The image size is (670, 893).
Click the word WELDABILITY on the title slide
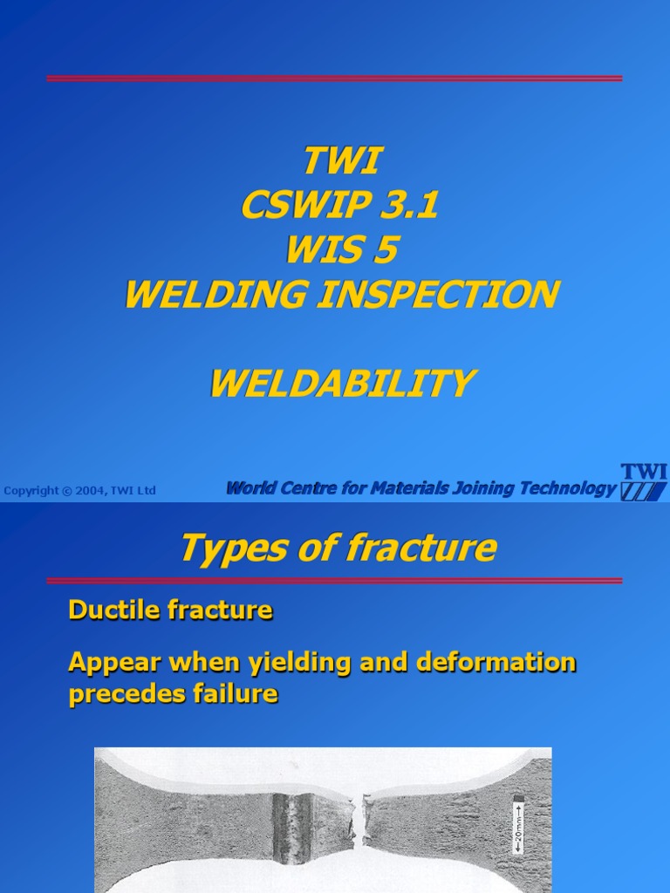tap(342, 383)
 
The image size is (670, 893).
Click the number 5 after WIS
tap(385, 250)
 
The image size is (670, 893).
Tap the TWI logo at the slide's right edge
tap(644, 482)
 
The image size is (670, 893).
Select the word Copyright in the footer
tap(31, 491)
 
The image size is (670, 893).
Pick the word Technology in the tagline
tap(567, 488)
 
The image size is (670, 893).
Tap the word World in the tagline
tap(251, 488)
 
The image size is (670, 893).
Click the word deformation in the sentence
tap(496, 663)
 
